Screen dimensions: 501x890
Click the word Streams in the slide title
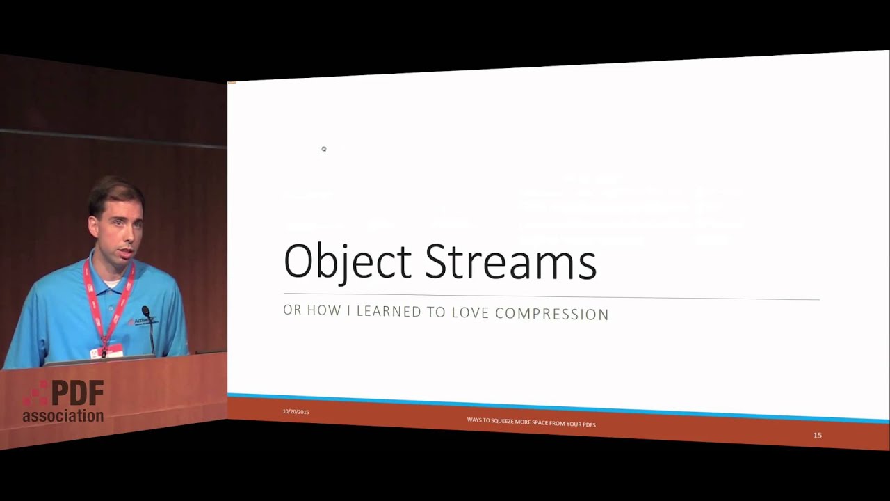[510, 262]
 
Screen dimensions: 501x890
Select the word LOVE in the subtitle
[471, 312]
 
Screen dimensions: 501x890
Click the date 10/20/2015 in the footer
[296, 412]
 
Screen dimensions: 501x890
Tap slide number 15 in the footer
[818, 435]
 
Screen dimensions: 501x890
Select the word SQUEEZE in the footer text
[501, 421]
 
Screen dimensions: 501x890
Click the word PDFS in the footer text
[588, 424]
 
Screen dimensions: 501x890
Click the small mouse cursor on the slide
[324, 149]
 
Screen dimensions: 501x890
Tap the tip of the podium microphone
[145, 310]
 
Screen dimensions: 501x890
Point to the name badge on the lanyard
[106, 351]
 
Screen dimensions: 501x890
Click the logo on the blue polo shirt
[142, 321]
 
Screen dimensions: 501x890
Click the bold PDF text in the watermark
[77, 393]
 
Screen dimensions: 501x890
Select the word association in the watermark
[63, 416]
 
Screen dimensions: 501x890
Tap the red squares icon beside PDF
[36, 393]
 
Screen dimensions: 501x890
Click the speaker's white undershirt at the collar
[109, 283]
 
